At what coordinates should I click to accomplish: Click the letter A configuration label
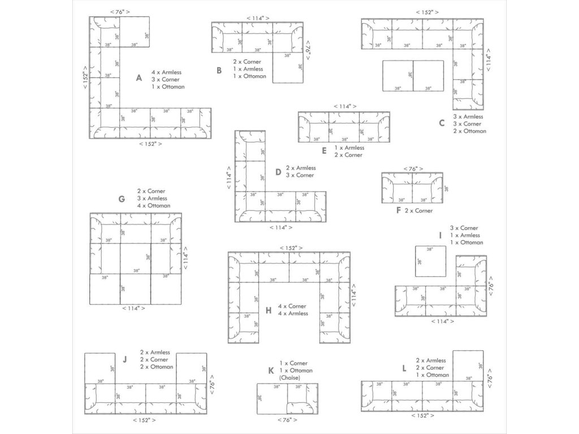[x=139, y=78]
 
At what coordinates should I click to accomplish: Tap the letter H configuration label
[x=269, y=310]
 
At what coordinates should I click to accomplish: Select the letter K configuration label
[x=271, y=371]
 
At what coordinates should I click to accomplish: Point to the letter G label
[x=122, y=199]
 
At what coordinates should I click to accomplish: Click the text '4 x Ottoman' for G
[x=154, y=206]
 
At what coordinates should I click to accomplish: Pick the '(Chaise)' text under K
[x=290, y=377]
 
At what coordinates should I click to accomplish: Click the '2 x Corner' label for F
[x=418, y=211]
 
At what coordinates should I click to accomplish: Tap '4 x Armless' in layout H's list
[x=293, y=313]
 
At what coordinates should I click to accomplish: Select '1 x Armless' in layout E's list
[x=349, y=147]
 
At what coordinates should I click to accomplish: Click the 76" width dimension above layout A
[x=120, y=12]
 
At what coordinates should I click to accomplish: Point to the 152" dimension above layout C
[x=427, y=12]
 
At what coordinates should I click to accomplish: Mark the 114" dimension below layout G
[x=133, y=308]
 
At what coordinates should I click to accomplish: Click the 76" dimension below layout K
[x=287, y=420]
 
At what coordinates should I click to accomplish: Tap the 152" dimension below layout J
[x=144, y=420]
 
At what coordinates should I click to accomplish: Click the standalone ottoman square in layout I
[x=430, y=261]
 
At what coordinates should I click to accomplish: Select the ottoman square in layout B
[x=288, y=68]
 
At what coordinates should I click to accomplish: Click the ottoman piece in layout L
[x=468, y=366]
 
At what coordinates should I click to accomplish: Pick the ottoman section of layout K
[x=272, y=398]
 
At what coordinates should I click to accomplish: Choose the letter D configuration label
[x=278, y=172]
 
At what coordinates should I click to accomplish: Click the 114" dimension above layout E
[x=345, y=106]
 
